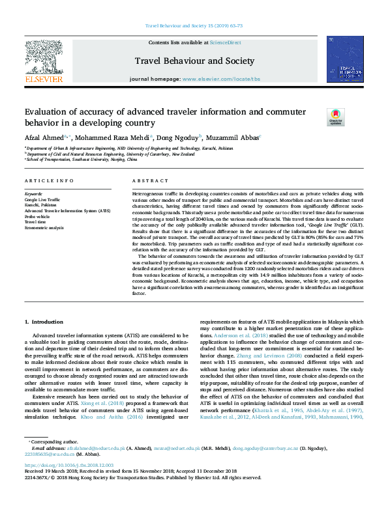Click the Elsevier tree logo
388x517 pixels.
tap(44, 57)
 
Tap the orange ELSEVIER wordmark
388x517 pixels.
tap(44, 79)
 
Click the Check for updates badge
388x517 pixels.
tap(335, 117)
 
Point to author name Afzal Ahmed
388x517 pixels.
tap(44, 137)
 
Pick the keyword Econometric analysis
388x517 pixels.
tap(44, 227)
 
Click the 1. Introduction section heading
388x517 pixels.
tap(44, 322)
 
